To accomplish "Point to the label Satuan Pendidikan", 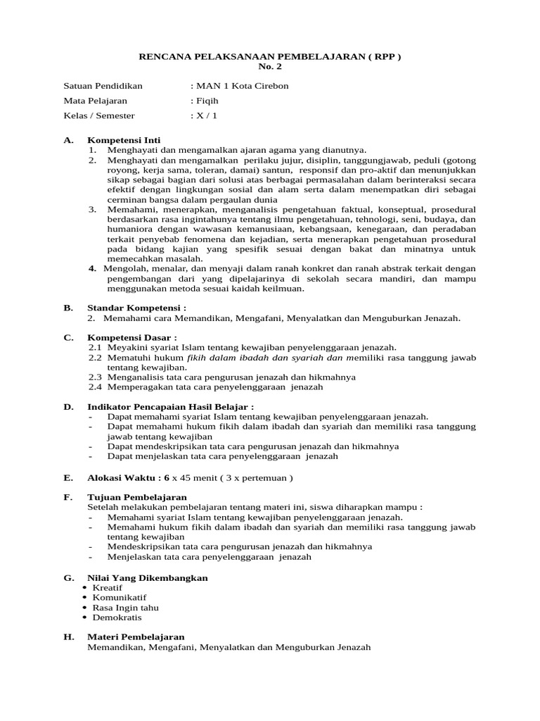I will tap(103, 86).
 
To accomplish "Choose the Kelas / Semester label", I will tap(99, 115).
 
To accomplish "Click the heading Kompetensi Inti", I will tap(124, 140).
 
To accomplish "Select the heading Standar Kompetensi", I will tap(136, 308).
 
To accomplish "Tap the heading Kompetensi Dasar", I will tap(132, 337).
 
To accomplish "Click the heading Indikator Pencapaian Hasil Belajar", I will tap(170, 406).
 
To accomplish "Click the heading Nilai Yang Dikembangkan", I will tap(147, 577).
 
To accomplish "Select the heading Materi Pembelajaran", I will tap(135, 637).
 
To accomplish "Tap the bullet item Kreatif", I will tap(108, 587).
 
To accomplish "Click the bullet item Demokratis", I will tap(117, 617).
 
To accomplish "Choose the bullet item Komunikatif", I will tap(120, 597).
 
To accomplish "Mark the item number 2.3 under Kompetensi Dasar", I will tap(95, 377).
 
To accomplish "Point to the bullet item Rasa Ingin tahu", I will tap(125, 607).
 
